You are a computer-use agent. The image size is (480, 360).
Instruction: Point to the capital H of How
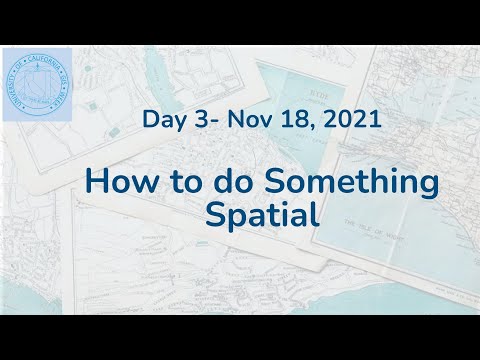[97, 184]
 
